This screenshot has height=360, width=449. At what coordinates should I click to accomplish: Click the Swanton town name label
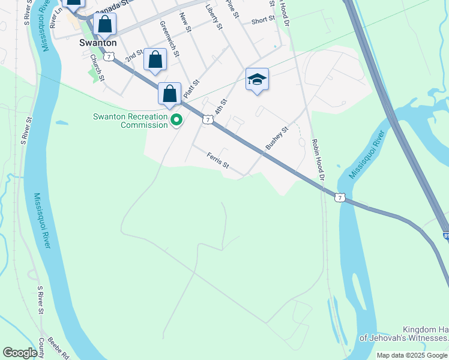coord(98,43)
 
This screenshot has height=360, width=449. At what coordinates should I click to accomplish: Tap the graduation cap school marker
coord(257,80)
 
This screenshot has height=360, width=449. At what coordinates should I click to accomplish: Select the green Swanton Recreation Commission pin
coord(176,121)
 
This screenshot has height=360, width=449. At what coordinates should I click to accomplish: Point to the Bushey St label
coord(277,138)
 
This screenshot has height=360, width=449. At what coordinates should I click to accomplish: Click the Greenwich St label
coord(170,39)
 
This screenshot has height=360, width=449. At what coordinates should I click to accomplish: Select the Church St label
coord(98,67)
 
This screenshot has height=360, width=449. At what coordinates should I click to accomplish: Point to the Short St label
coord(263,20)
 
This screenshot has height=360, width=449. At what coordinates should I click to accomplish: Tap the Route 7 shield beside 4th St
coord(206,120)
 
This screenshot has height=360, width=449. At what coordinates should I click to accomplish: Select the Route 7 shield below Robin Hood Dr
coord(340,197)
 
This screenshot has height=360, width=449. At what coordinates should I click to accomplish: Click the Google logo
coord(20,353)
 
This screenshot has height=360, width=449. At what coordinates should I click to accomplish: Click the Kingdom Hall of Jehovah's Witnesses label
coord(403,334)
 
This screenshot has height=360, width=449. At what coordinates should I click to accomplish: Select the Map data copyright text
coord(412,355)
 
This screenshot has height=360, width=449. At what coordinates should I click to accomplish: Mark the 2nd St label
coord(134,56)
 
